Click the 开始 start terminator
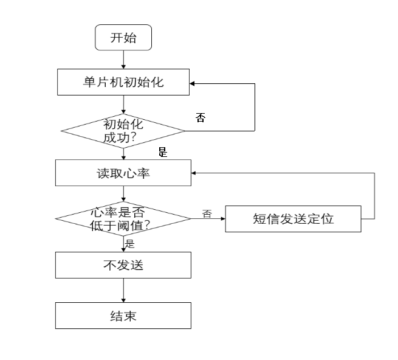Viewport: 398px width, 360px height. coord(123,38)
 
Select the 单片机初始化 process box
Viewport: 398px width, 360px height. coord(123,82)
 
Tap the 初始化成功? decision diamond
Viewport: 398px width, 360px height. coord(123,131)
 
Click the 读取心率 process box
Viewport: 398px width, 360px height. coord(123,173)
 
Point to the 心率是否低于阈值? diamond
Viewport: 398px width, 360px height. coord(123,218)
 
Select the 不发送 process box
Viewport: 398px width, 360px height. coord(123,265)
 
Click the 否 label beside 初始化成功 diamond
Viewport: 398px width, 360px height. coord(201,117)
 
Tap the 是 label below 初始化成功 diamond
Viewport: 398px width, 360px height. coord(163,152)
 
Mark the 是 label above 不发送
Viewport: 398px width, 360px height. coord(129,244)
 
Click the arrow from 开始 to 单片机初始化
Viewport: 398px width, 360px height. coord(123,60)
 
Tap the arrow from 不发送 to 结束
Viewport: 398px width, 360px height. coord(123,291)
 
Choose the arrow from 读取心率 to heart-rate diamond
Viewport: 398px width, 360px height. coord(123,194)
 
